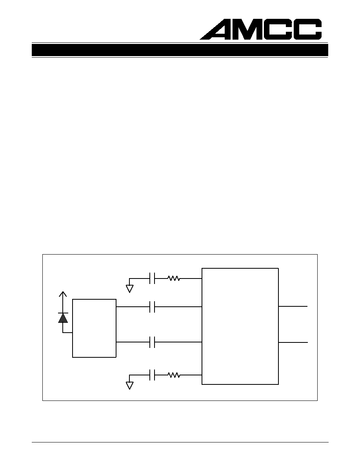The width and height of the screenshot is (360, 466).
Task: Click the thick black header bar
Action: pos(180,50)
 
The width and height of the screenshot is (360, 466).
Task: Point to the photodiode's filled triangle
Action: pos(63,318)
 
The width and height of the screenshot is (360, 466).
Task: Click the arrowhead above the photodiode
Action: pos(63,294)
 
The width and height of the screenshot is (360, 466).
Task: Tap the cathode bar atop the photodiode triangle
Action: pos(63,313)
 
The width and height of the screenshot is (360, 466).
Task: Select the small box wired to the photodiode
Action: pos(94,328)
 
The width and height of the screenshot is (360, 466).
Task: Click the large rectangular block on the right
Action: pos(240,326)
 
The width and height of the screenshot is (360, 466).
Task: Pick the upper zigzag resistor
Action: pos(174,279)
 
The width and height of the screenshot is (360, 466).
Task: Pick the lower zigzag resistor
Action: pos(174,375)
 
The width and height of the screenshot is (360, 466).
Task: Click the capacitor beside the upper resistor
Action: pos(152,279)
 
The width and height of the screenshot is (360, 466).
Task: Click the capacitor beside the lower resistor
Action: pos(152,375)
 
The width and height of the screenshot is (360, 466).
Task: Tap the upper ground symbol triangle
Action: pos(129,289)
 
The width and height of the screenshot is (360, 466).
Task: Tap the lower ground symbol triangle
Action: pos(129,385)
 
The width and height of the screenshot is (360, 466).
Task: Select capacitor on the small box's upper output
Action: pos(152,307)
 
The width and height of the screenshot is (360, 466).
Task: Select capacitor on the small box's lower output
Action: pos(152,342)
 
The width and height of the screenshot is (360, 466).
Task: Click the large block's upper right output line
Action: pos(293,306)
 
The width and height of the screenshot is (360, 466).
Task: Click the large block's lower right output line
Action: pos(293,342)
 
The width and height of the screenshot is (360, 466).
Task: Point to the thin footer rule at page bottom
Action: pos(180,442)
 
